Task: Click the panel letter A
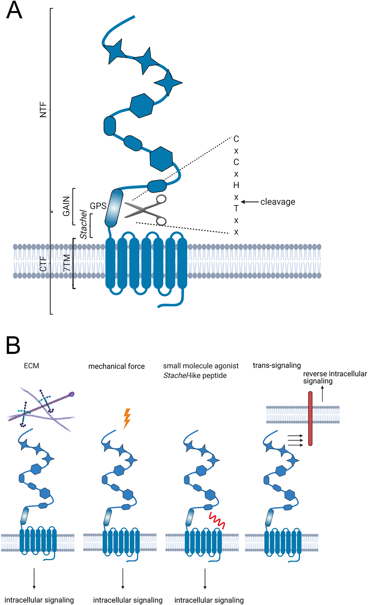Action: point(14,11)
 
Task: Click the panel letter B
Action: point(13,345)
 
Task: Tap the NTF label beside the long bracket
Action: point(43,110)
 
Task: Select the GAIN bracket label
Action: point(66,206)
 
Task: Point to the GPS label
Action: point(98,206)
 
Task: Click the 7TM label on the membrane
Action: point(67,263)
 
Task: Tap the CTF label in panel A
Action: point(43,264)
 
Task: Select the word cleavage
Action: point(278,202)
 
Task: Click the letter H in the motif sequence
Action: point(236,185)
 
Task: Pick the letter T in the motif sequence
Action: point(236,208)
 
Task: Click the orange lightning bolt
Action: point(127,418)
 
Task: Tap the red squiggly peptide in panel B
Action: point(217,520)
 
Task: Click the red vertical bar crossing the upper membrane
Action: point(310,418)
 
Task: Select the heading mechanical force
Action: point(117,366)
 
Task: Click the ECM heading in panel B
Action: point(32,366)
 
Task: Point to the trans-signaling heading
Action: point(277,365)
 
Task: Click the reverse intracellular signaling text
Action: point(335,377)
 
